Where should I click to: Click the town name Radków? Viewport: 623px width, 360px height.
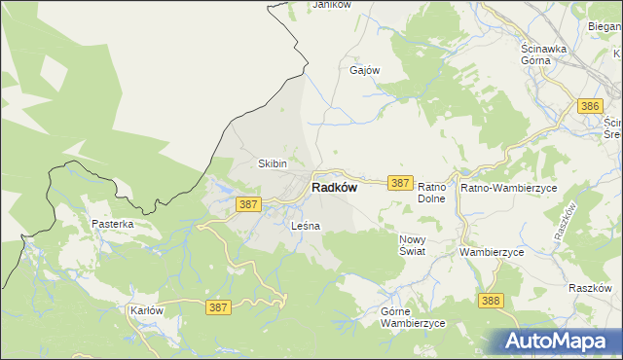[x=334, y=189]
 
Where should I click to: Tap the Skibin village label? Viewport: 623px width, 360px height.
[x=272, y=163]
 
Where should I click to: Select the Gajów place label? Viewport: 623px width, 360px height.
[x=364, y=70]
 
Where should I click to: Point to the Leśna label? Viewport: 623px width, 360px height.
[x=306, y=226]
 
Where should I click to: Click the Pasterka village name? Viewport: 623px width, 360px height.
[x=113, y=224]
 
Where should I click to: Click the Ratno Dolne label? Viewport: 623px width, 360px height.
[x=431, y=192]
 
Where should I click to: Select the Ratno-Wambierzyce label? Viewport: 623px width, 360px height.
[x=508, y=186]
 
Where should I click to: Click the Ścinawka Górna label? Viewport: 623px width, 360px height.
[x=549, y=54]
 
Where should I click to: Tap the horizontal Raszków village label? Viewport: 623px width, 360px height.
[x=590, y=289]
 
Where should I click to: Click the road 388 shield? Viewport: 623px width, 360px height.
[x=491, y=301]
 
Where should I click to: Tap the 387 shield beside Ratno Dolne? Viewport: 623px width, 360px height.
[x=400, y=182]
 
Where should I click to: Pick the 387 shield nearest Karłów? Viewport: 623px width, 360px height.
[x=219, y=307]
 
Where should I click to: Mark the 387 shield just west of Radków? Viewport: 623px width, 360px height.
[x=248, y=204]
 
